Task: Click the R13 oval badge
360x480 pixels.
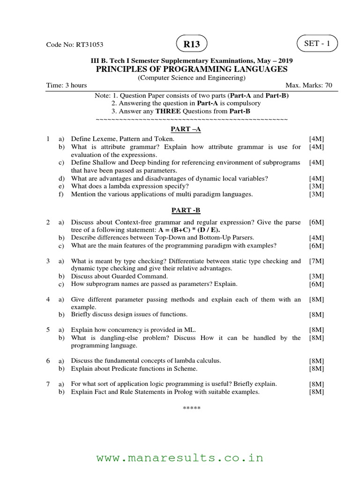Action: pos(191,45)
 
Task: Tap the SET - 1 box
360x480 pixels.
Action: pos(317,44)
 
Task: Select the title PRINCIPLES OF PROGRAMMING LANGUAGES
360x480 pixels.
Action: pos(191,69)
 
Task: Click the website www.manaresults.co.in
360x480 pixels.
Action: pos(180,457)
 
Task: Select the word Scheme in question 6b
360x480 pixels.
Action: pos(186,368)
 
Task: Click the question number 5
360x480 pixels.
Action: pos(48,330)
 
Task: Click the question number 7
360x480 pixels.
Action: pos(48,383)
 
